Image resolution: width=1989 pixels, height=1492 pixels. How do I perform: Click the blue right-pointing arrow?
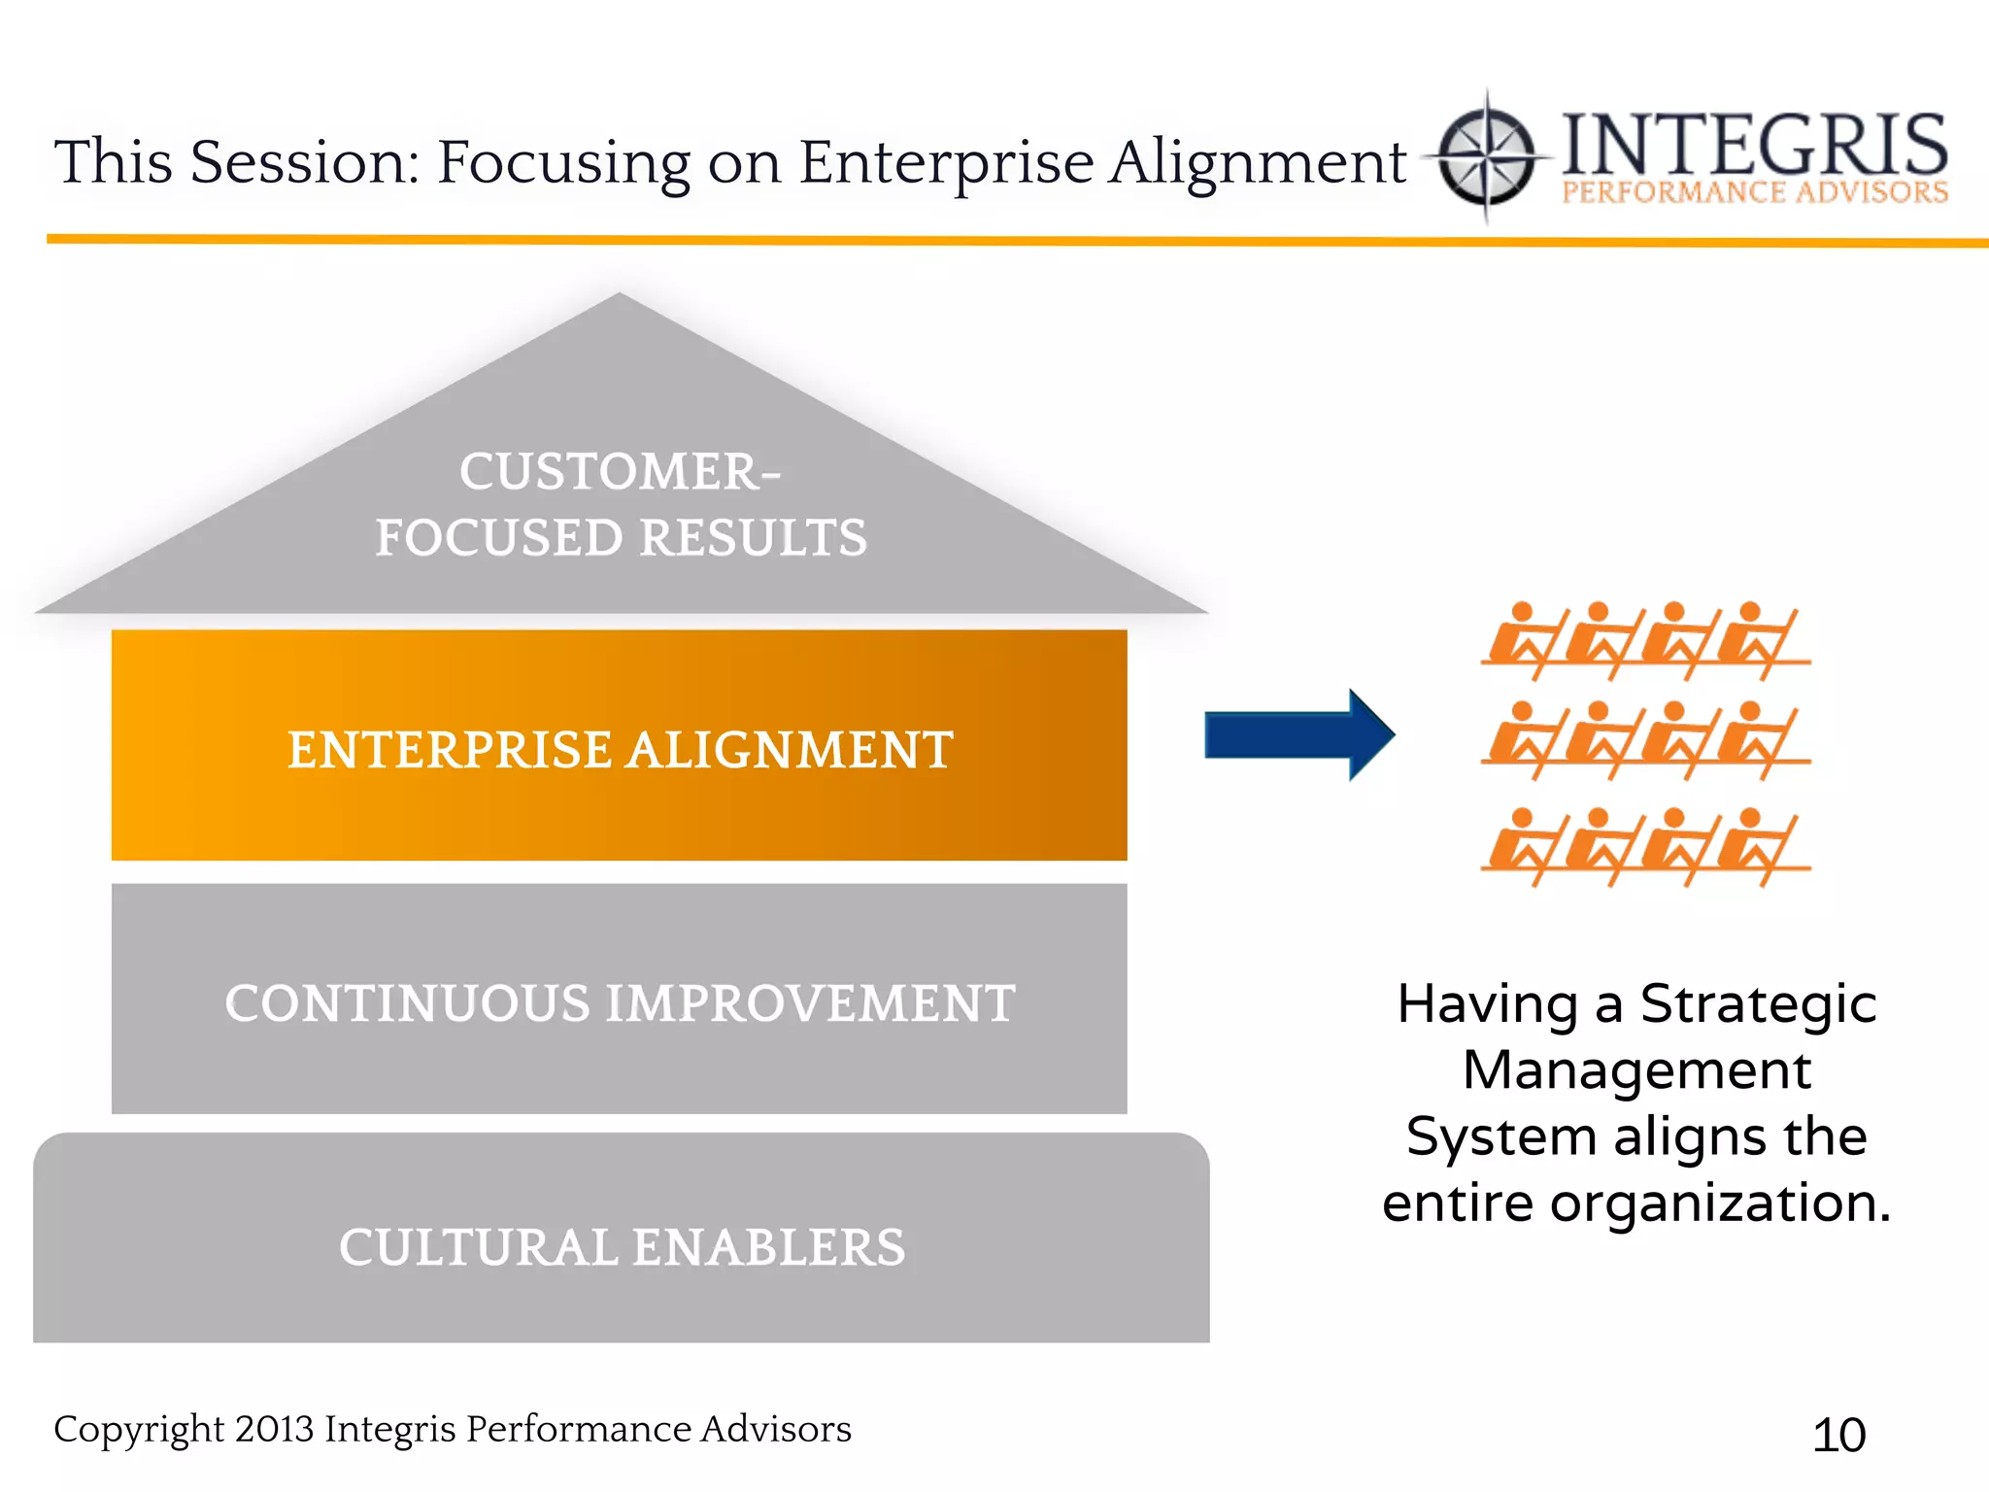1297,735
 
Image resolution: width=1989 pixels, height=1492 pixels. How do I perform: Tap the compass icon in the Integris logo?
1486,156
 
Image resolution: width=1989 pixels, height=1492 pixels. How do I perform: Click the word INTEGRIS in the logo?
1754,144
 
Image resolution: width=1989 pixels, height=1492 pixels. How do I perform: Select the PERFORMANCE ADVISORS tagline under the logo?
1754,192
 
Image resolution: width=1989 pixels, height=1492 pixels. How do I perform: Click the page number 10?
1838,1435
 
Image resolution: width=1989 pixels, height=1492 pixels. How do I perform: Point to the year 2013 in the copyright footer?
274,1429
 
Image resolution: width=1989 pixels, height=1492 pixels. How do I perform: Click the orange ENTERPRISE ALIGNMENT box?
619,746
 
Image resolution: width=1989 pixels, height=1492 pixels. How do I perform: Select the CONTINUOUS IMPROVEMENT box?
619,1000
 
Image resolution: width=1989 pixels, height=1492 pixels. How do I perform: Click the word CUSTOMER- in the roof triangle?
619,472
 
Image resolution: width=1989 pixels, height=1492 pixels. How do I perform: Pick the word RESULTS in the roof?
753,537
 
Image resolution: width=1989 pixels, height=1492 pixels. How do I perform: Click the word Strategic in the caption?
1758,1003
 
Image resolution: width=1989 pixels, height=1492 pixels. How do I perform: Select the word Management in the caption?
1636,1069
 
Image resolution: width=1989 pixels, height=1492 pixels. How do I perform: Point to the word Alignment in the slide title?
1258,161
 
